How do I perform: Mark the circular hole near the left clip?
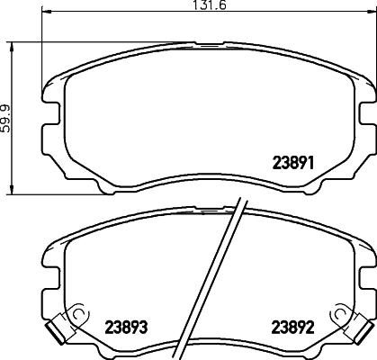click(x=77, y=314)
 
